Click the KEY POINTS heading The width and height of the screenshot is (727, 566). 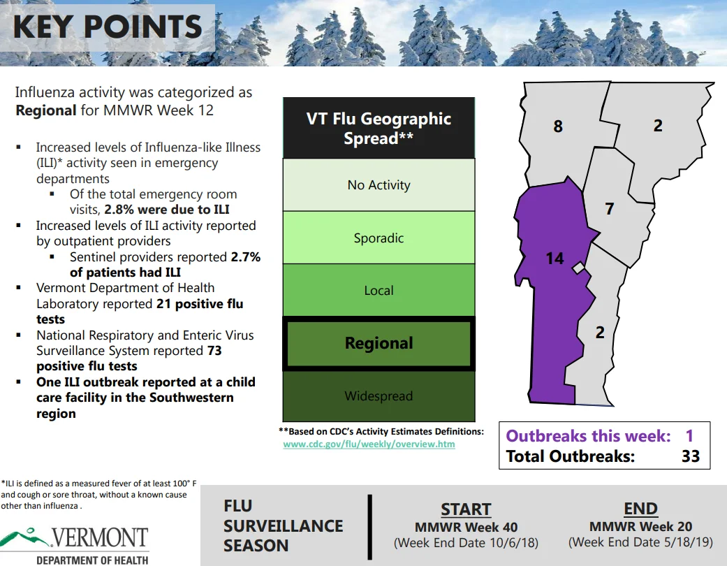(108, 27)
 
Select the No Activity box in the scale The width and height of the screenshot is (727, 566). (379, 184)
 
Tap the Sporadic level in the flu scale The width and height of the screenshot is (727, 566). (379, 238)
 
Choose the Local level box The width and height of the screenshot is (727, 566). (379, 290)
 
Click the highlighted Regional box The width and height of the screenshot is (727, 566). (379, 343)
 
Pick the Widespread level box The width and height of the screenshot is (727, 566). (379, 396)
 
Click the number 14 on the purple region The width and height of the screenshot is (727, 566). (555, 259)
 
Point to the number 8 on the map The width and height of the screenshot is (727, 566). (558, 126)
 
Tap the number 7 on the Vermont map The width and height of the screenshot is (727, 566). (610, 209)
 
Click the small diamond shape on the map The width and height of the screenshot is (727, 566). (578, 268)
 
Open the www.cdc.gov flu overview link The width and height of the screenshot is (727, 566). (369, 444)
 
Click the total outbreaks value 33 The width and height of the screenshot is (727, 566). (691, 456)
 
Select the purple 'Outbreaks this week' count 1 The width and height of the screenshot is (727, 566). (689, 435)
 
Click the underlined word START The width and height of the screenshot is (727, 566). (466, 509)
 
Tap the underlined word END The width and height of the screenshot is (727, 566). (641, 509)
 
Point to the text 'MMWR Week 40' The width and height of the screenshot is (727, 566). (466, 527)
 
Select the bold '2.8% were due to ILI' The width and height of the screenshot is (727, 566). (167, 210)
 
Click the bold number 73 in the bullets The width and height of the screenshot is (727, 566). (214, 351)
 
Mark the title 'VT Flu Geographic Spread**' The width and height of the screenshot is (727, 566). (379, 128)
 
